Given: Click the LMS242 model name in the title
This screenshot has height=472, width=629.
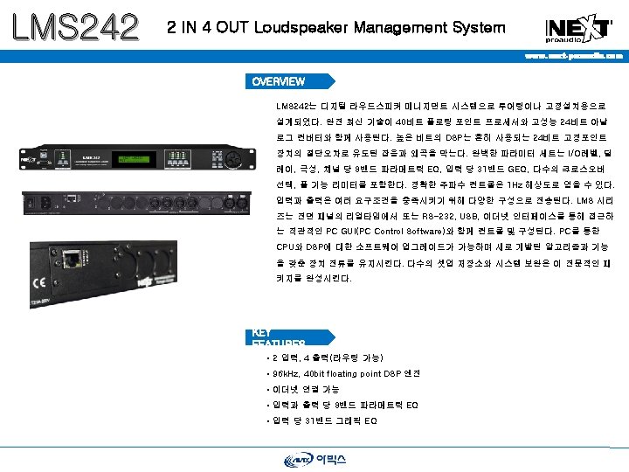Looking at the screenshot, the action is (x=75, y=25).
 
